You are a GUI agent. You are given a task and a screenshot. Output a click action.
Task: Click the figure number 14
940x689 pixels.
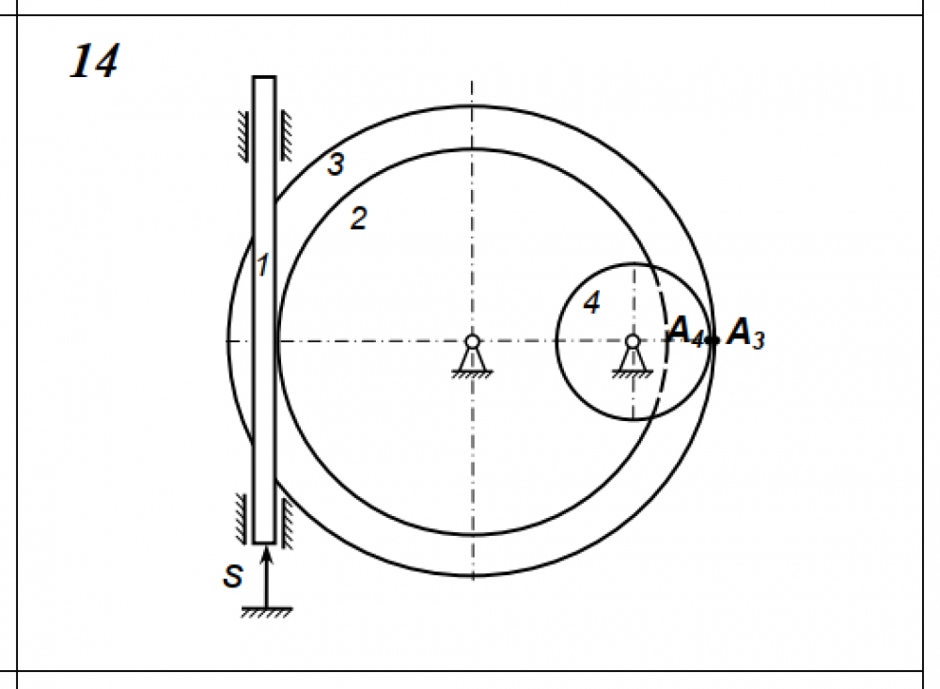coord(95,60)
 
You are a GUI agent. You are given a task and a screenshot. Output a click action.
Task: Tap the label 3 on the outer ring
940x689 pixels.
coord(336,164)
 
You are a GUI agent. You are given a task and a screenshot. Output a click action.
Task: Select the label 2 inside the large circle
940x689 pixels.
coord(358,218)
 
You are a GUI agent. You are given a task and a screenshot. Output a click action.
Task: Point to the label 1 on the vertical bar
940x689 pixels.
coord(262,265)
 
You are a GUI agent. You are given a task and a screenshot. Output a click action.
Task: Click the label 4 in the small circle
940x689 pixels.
coord(591,303)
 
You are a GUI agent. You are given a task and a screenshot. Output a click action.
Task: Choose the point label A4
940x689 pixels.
coord(685,331)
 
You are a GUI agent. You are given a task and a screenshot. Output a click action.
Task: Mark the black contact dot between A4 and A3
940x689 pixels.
coord(713,340)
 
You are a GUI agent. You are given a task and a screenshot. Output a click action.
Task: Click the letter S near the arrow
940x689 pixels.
coord(232,576)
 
